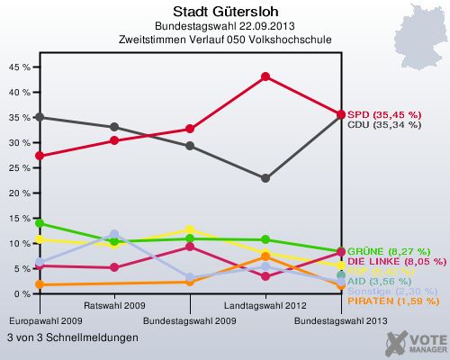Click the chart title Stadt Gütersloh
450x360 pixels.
coord(224,11)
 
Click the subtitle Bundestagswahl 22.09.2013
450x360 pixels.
coord(224,26)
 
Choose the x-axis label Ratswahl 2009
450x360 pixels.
coord(113,305)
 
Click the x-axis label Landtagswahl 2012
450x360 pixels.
coord(265,305)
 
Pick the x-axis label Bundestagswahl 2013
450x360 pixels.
coord(341,320)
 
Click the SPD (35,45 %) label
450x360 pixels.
coord(384,114)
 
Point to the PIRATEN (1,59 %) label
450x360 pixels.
coord(390,301)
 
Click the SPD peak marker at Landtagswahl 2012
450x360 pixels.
coord(265,76)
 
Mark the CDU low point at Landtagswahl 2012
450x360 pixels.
coord(265,178)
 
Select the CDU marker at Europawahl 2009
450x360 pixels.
coord(38,117)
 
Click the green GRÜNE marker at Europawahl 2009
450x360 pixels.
coord(38,223)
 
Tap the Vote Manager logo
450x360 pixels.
coord(416,342)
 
